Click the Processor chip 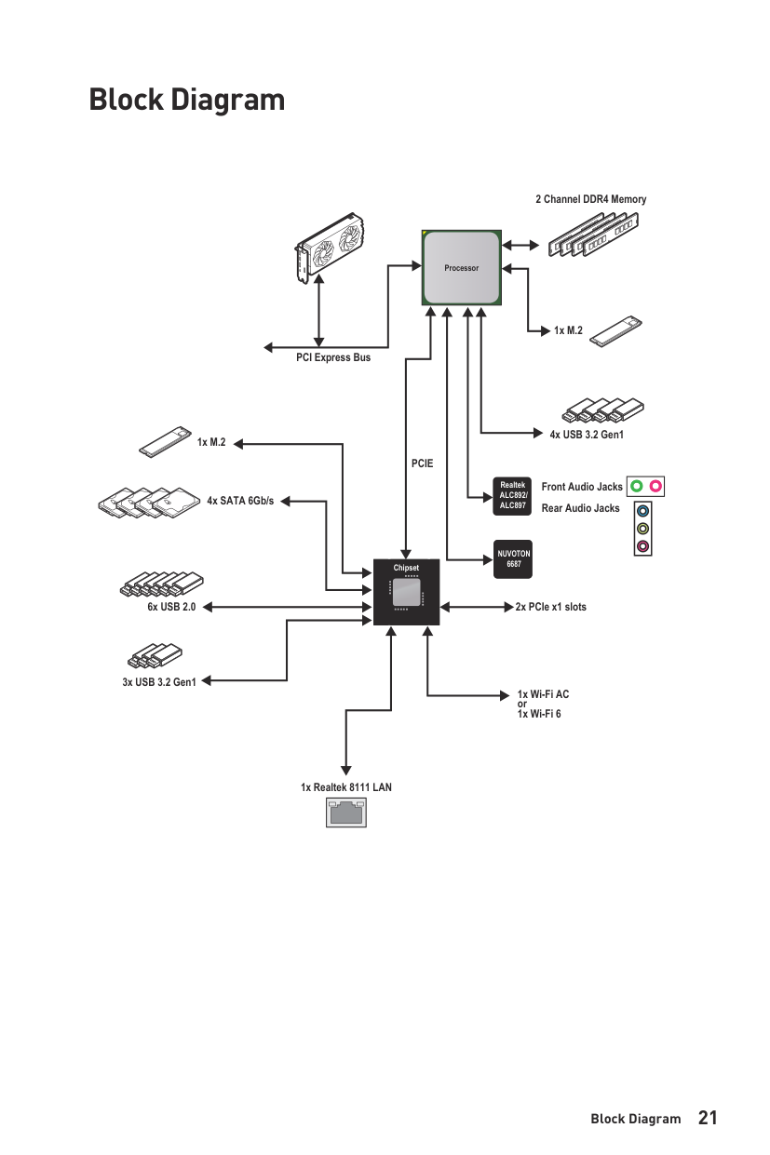pyautogui.click(x=461, y=268)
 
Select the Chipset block pyautogui.click(x=406, y=592)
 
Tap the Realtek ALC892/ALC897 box pyautogui.click(x=513, y=495)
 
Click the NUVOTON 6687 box pyautogui.click(x=513, y=558)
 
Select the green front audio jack pyautogui.click(x=636, y=486)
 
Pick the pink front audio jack pyautogui.click(x=655, y=486)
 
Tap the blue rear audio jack pyautogui.click(x=642, y=511)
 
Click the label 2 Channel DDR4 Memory pyautogui.click(x=590, y=199)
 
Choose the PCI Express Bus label pyautogui.click(x=332, y=357)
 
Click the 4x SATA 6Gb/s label pyautogui.click(x=240, y=501)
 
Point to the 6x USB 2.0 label pyautogui.click(x=171, y=607)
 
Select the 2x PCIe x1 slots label pyautogui.click(x=551, y=607)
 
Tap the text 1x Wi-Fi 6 pyautogui.click(x=539, y=714)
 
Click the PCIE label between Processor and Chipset pyautogui.click(x=422, y=463)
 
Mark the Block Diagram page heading pyautogui.click(x=186, y=99)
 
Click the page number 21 pyautogui.click(x=708, y=1118)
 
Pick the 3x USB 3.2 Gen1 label pyautogui.click(x=159, y=682)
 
